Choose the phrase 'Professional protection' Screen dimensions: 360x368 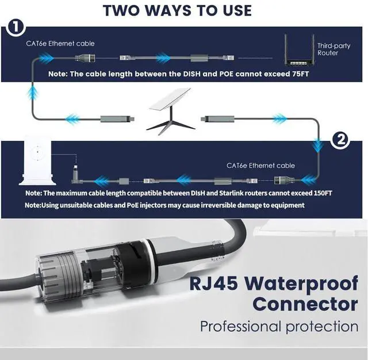(279, 327)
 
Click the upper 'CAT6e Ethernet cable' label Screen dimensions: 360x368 (60, 43)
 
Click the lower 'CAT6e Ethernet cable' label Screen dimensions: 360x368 (261, 165)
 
